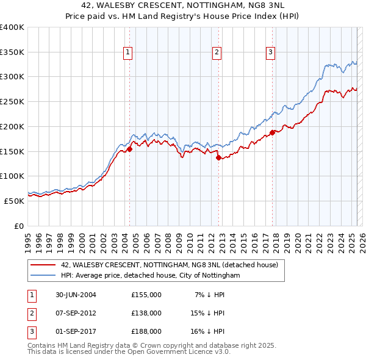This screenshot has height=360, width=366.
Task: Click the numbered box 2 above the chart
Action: (217, 53)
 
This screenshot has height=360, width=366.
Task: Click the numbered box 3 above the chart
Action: (270, 53)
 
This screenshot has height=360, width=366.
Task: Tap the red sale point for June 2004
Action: (129, 149)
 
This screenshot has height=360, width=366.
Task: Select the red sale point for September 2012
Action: (218, 157)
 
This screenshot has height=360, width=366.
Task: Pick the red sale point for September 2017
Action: (272, 132)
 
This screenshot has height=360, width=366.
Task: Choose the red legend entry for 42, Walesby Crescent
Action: (169, 265)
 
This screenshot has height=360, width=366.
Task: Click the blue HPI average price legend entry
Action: (150, 276)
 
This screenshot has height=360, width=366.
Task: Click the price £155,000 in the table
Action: (146, 294)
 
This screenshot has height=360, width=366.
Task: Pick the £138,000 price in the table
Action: (146, 312)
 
